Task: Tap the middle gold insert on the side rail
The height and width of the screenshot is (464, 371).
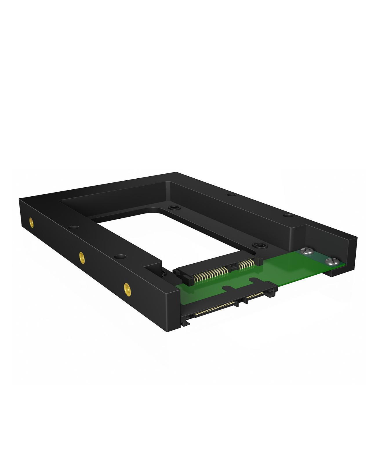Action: (82, 256)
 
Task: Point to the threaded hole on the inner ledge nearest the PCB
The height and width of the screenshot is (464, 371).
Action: (256, 246)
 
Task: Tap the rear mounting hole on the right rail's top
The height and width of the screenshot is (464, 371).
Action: (231, 195)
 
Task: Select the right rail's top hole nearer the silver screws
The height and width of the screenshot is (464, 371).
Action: (288, 215)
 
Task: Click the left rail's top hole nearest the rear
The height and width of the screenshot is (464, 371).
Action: (74, 227)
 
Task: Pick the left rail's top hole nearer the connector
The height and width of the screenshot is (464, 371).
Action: (120, 256)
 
